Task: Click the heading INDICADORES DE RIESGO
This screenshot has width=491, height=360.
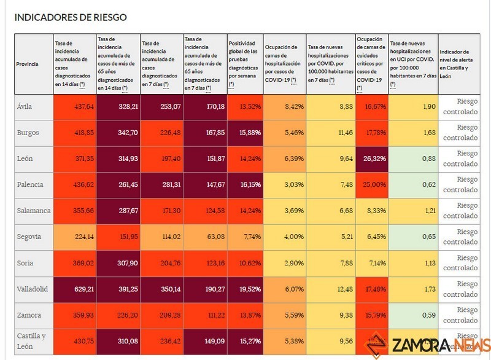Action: [x=71, y=17]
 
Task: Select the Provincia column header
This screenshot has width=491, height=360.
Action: [x=28, y=64]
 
